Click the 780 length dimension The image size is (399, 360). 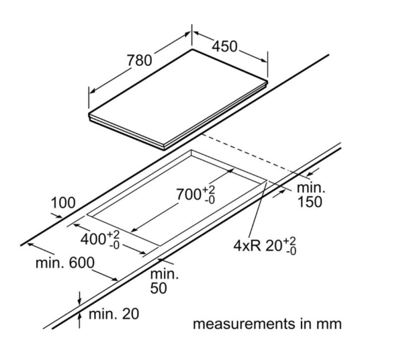[139, 60]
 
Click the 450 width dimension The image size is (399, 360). [225, 46]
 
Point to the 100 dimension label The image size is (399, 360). [63, 203]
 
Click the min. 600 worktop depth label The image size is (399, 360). [65, 263]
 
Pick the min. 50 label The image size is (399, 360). [165, 281]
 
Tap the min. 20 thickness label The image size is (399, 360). [114, 314]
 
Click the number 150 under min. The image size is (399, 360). [310, 202]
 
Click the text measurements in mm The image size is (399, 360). [267, 324]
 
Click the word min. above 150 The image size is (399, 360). [311, 187]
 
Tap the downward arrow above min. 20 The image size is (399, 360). [79, 298]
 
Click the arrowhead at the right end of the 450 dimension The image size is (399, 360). [265, 60]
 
